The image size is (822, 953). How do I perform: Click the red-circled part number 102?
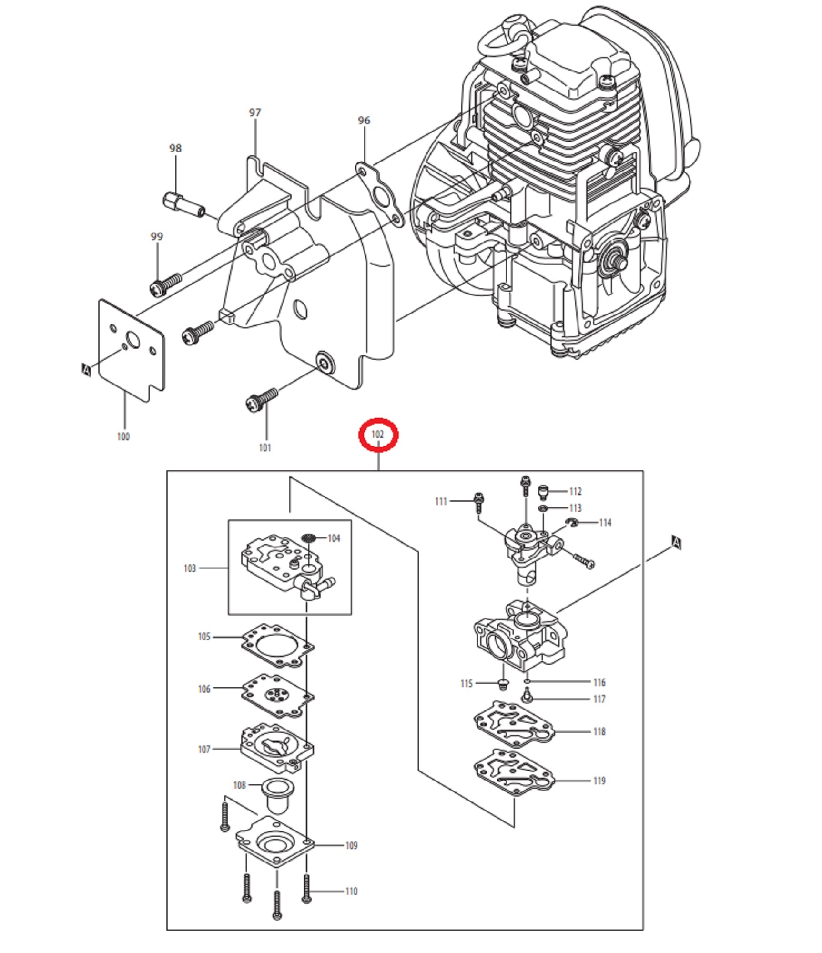coord(377,434)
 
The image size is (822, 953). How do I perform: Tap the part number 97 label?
coord(255,112)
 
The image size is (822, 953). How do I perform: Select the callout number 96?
coord(364,120)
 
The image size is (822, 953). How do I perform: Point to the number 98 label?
coord(175,148)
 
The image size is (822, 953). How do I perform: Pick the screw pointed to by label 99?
coord(164,284)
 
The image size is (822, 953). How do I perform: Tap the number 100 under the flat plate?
coord(123,436)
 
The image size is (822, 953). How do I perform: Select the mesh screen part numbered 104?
coord(309,538)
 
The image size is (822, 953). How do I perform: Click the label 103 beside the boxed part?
coord(190,568)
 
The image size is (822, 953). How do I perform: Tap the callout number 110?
coord(351,891)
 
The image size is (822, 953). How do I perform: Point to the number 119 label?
coord(599,781)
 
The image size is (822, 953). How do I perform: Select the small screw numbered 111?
coord(479,501)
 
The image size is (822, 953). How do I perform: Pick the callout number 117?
coord(599,699)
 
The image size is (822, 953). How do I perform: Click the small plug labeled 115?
coord(502,684)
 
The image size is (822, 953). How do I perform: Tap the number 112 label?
coord(575,491)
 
